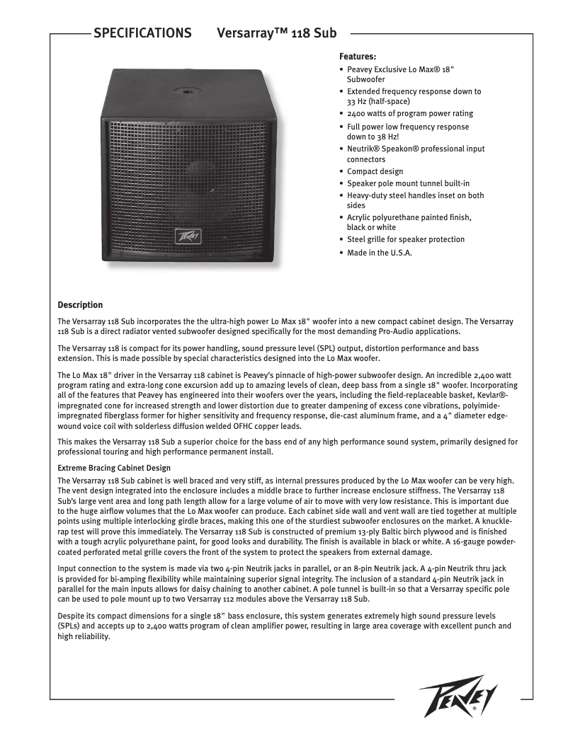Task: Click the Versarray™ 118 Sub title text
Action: (276, 33)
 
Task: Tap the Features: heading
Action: (358, 56)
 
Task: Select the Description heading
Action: (80, 305)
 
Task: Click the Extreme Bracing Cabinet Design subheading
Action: (113, 468)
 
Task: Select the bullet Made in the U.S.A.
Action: (379, 252)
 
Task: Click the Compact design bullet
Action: (375, 171)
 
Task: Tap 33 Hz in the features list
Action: (358, 101)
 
